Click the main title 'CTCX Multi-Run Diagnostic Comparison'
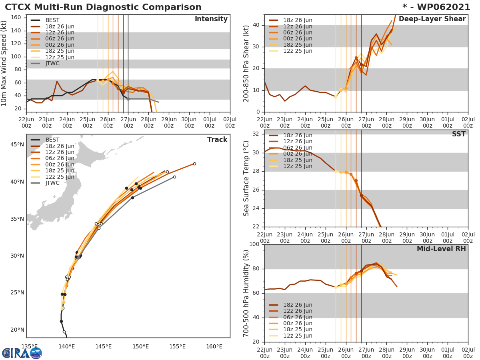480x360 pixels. point(103,7)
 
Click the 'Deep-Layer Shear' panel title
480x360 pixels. point(432,19)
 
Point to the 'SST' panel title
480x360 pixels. point(459,134)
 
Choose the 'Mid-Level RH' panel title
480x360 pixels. point(441,249)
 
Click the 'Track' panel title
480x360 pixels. point(217,140)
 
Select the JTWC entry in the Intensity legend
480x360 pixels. point(52,64)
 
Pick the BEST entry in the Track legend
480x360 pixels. point(52,140)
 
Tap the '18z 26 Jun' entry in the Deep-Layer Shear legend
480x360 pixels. point(298,20)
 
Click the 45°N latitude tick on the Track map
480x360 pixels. point(17,144)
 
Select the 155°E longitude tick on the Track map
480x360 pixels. point(177,346)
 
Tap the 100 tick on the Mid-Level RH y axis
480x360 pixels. point(254,244)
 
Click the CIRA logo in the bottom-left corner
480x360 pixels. point(22,353)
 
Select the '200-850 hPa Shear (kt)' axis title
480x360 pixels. point(246,63)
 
